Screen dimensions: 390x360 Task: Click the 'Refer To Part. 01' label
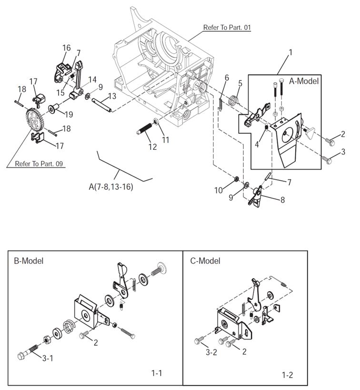227,28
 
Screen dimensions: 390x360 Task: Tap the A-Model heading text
304,81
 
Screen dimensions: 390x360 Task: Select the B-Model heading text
29,261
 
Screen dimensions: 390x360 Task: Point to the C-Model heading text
205,261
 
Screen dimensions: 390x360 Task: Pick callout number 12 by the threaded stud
152,147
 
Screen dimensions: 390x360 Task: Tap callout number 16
66,48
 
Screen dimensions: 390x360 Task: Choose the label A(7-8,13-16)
110,187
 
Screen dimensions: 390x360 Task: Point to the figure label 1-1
157,373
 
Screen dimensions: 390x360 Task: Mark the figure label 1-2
287,375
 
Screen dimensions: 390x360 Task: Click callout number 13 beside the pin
111,96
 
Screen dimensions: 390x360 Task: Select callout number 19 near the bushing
69,114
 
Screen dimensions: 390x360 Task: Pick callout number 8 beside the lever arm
282,200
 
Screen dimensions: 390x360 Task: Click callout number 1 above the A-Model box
290,51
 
